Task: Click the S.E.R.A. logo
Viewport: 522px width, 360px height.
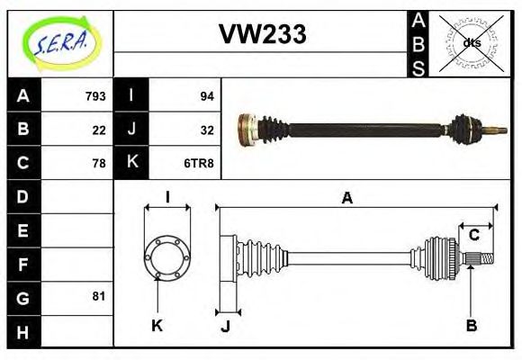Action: click(61, 43)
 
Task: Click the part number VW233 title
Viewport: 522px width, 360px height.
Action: click(262, 34)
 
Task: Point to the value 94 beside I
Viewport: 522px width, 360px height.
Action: click(206, 96)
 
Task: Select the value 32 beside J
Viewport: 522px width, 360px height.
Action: click(206, 130)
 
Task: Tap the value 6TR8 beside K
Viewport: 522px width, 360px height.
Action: click(200, 163)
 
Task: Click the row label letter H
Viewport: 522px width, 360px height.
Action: click(23, 331)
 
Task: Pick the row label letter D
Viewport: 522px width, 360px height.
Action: click(23, 196)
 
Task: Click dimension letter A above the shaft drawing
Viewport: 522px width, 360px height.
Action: click(346, 199)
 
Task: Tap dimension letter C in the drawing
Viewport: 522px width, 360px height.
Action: click(473, 236)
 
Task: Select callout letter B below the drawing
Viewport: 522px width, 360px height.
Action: click(471, 325)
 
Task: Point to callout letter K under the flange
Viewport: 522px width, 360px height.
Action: click(157, 325)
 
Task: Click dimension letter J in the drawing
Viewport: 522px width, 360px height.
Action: click(226, 326)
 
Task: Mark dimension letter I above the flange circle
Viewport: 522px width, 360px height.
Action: click(167, 198)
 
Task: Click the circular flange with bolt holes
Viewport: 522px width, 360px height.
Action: click(166, 256)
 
